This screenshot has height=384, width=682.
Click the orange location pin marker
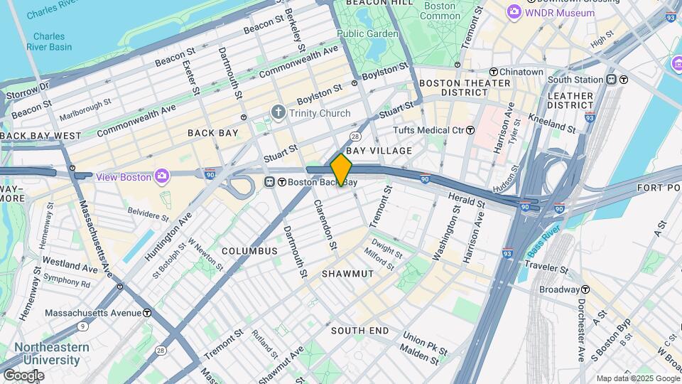[x=341, y=170]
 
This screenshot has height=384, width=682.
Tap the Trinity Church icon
[x=278, y=113]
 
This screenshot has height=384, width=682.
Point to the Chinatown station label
[x=521, y=71]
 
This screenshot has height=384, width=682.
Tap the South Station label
[x=575, y=80]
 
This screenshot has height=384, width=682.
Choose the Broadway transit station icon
[x=585, y=289]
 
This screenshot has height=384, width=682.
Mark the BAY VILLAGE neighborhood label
[x=379, y=151]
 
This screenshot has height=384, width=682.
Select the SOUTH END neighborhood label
[x=359, y=331]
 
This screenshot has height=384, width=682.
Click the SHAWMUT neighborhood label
[x=347, y=274]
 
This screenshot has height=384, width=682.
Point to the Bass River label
[x=543, y=242]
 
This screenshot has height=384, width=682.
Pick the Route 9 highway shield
[x=83, y=326]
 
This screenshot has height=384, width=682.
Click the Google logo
[x=23, y=375]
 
